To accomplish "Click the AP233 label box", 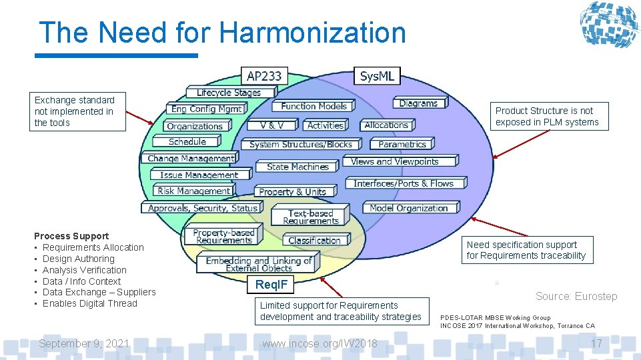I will (x=264, y=76).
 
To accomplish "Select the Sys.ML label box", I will (x=377, y=76).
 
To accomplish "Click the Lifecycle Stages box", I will (x=228, y=93).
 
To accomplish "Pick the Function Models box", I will (x=313, y=106).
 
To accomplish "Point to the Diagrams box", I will (x=418, y=103).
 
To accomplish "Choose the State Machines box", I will (x=297, y=167).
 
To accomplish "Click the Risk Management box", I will (x=193, y=191).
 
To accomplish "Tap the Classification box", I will (x=314, y=240).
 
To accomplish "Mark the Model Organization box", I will (x=408, y=208).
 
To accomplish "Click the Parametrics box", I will (x=402, y=144).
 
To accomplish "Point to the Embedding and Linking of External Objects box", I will (x=258, y=264).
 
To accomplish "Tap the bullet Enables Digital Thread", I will (x=89, y=303).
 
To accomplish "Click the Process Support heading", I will (x=71, y=236).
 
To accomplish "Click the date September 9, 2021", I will (x=84, y=343).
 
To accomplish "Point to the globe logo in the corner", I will (x=608, y=25).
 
